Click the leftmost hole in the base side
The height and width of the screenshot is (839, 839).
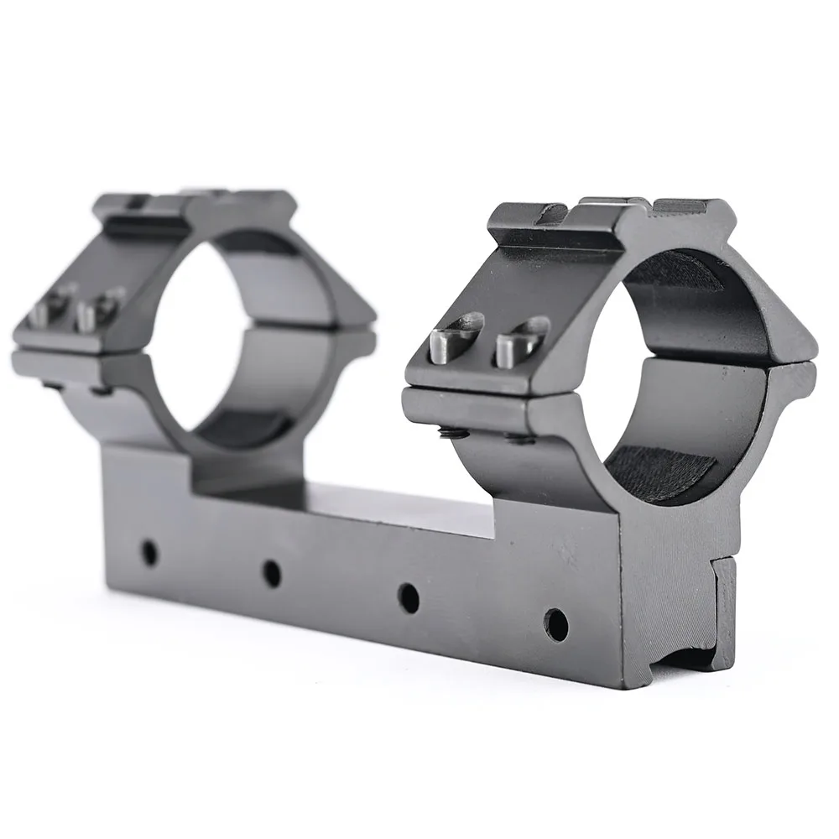coord(150,551)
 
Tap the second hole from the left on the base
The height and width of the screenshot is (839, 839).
coord(271,573)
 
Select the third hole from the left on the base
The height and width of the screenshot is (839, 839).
coord(409,596)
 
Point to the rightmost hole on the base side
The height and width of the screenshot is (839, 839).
coord(555,622)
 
